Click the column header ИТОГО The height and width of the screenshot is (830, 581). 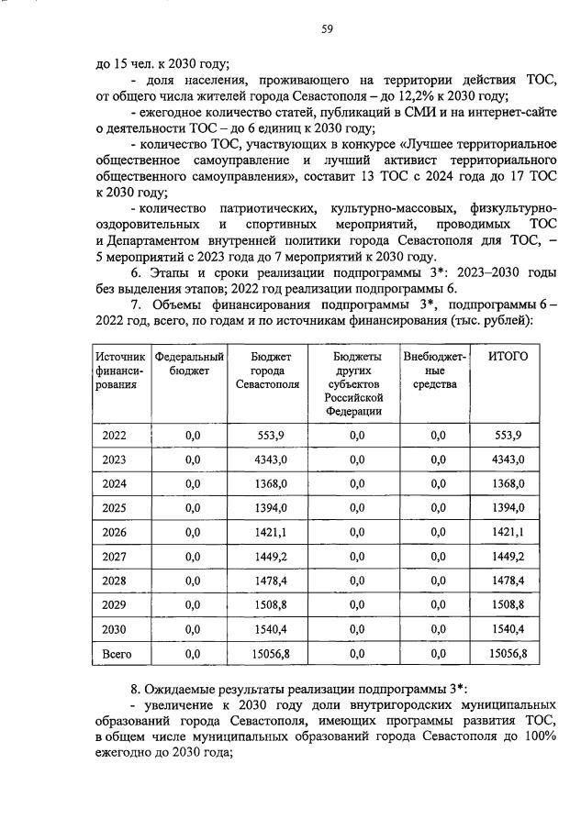click(x=508, y=356)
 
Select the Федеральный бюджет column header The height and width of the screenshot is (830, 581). click(x=190, y=363)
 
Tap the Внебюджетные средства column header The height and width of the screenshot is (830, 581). click(x=435, y=370)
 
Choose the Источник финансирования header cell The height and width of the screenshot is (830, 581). click(x=120, y=370)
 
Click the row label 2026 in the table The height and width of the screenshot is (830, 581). click(x=116, y=532)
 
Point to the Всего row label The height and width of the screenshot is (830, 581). click(x=117, y=653)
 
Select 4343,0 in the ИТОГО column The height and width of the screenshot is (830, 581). click(x=508, y=459)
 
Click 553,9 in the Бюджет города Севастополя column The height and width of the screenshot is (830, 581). click(x=270, y=435)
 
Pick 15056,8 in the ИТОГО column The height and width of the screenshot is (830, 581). click(x=508, y=653)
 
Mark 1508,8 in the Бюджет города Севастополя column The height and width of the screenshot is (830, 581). click(x=270, y=604)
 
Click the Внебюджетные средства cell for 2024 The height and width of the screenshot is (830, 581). click(x=436, y=483)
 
